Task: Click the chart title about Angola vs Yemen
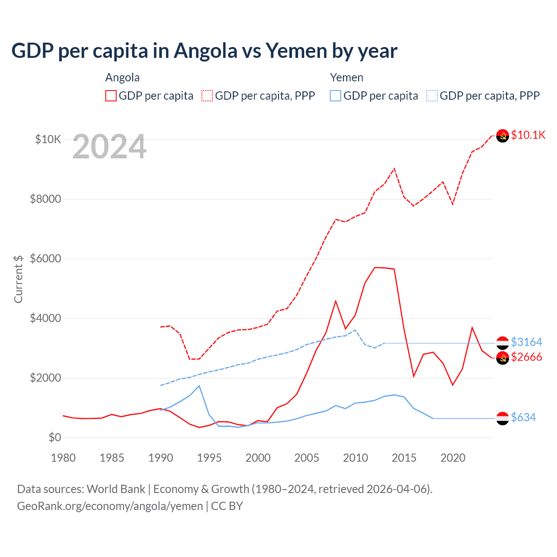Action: [x=204, y=51]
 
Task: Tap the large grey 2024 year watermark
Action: [x=109, y=147]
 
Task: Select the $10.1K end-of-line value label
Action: [x=528, y=135]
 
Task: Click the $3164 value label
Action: [x=526, y=342]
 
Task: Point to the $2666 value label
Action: [x=526, y=357]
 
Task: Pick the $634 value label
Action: [x=523, y=417]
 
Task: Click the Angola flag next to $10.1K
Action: [x=503, y=136]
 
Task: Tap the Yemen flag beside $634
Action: [x=503, y=418]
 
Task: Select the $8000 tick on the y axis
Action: [x=45, y=199]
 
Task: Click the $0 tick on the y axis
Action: [x=54, y=437]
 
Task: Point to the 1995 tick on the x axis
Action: [x=209, y=458]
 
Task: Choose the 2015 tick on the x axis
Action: [x=404, y=458]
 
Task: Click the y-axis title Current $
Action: [x=18, y=279]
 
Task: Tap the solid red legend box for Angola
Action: [x=111, y=96]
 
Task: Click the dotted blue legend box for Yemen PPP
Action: [x=432, y=96]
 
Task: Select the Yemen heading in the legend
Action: [x=346, y=77]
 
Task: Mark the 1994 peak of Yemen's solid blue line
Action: [x=199, y=386]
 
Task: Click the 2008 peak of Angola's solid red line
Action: [x=336, y=301]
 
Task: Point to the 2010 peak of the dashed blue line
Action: [x=355, y=330]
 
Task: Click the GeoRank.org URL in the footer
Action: [x=110, y=506]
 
